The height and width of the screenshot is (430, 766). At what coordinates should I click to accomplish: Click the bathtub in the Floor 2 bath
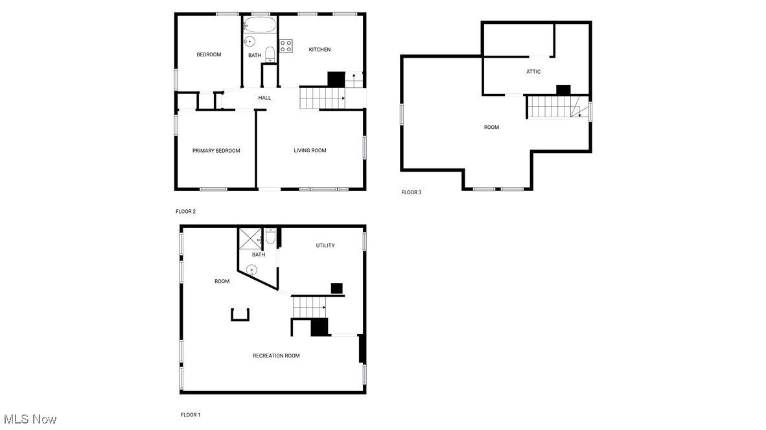[261, 25]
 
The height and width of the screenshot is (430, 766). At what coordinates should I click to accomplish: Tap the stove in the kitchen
[286, 46]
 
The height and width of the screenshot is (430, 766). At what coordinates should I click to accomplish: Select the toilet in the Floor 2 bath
[270, 54]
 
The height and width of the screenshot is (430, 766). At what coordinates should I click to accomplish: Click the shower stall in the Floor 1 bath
[250, 239]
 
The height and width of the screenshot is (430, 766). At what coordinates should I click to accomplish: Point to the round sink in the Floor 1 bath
[252, 269]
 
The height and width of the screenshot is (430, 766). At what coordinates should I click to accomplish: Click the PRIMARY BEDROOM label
[216, 151]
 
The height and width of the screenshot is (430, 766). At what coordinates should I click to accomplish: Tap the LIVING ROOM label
[310, 151]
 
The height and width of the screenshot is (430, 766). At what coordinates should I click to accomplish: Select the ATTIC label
[533, 72]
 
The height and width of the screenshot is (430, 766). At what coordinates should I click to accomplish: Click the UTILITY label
[325, 245]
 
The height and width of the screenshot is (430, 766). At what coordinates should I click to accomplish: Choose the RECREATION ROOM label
[276, 356]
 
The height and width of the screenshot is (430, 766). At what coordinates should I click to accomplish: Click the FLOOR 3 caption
[411, 192]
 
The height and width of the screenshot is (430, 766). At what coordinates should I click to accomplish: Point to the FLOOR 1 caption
[191, 414]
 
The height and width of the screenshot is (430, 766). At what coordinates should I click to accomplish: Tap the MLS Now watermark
[30, 419]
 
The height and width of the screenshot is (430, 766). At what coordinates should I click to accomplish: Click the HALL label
[264, 98]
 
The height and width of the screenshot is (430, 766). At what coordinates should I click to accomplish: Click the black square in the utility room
[336, 288]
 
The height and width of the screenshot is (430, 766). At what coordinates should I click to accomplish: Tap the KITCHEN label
[319, 50]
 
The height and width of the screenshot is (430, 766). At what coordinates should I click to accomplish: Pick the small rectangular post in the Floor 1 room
[240, 314]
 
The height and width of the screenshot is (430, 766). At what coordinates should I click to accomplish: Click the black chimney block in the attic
[563, 90]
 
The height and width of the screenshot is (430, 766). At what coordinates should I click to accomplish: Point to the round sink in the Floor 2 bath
[249, 41]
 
